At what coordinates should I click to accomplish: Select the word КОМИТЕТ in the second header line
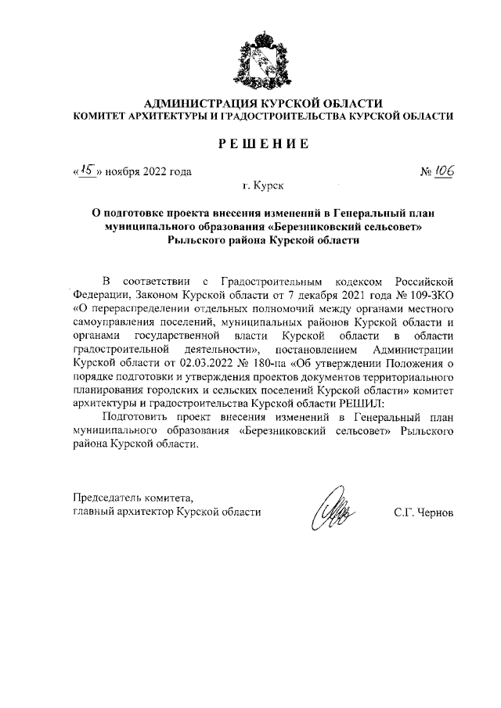click(x=99, y=116)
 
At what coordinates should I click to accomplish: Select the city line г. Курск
click(x=263, y=187)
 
